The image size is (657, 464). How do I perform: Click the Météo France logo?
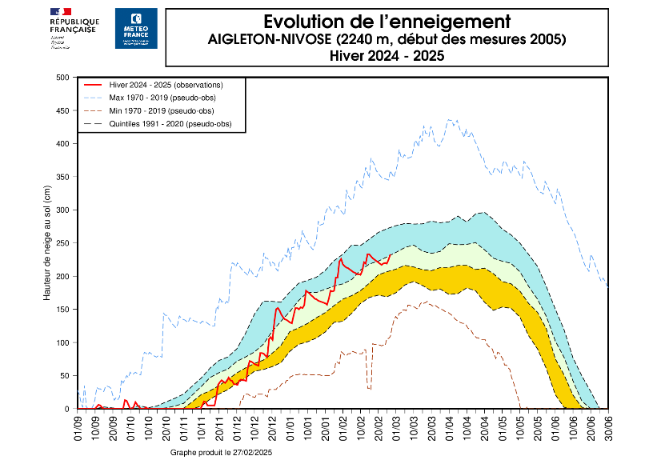[x=136, y=29]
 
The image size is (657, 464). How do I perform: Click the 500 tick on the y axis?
[x=63, y=77]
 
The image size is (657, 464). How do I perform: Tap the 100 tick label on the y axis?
[x=63, y=342]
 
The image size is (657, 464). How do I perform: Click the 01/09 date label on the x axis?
[x=78, y=427]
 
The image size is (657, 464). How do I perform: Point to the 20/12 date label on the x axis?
[x=273, y=427]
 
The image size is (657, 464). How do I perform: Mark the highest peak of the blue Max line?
[x=450, y=120]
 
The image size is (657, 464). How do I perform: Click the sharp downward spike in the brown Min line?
[x=369, y=388]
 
